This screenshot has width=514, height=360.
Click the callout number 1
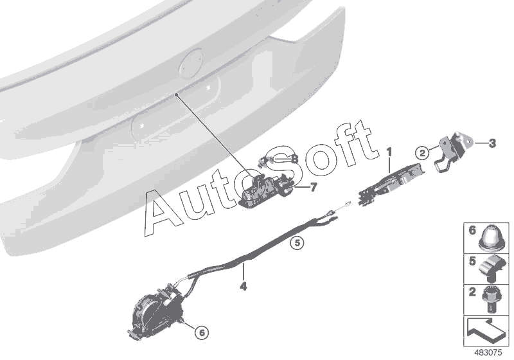pos(389,152)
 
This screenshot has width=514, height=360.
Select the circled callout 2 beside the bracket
pos(421,152)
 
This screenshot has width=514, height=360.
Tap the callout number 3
pos(493,143)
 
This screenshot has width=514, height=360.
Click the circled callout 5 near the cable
pos(296,243)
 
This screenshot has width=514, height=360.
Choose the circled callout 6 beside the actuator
pos(201,332)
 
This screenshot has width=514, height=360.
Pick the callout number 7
pos(313,187)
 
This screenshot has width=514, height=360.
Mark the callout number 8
pos(295,158)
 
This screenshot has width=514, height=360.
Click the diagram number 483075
pos(490,353)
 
